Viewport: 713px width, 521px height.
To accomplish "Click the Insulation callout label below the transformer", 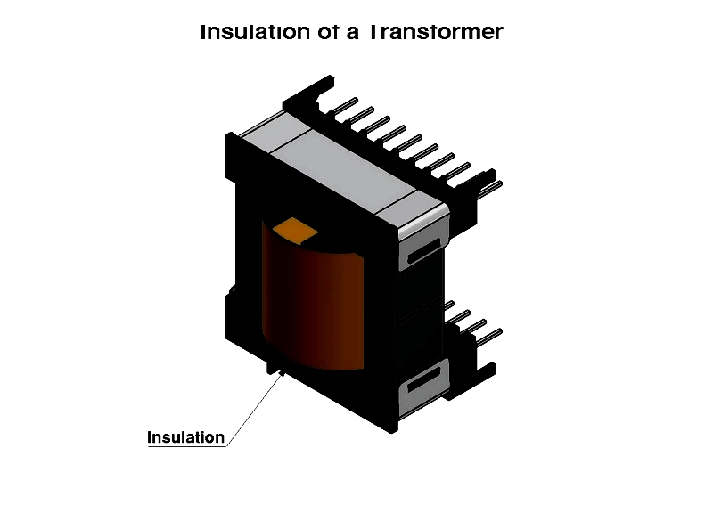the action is (186, 437).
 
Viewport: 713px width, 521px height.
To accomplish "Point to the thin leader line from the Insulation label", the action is (255, 410).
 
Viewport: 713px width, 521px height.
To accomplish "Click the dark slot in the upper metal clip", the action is (424, 250).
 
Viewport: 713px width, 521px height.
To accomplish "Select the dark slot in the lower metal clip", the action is (424, 379).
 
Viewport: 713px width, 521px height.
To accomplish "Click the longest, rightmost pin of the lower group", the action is (489, 337).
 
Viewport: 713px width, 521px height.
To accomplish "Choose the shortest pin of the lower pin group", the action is (449, 305).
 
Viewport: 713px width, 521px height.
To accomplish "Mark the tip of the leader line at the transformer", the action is (283, 373).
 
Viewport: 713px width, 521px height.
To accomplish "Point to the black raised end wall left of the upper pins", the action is (308, 94).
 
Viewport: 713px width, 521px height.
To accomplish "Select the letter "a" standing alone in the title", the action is (352, 34).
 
